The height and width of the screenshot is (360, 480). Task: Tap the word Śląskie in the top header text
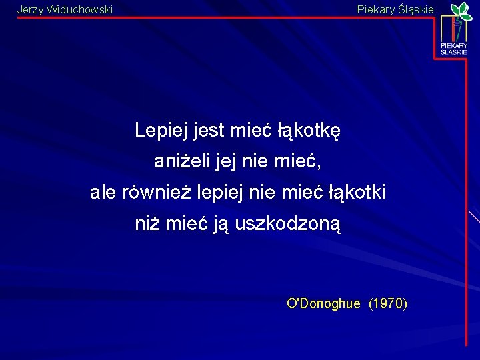(x=416, y=10)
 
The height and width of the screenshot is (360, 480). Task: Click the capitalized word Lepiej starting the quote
(x=162, y=130)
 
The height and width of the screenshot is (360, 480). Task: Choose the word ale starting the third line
(x=103, y=193)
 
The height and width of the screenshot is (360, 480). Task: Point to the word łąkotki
(x=357, y=193)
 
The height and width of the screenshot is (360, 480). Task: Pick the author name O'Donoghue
(x=323, y=304)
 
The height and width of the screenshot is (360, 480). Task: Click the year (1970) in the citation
(x=388, y=304)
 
